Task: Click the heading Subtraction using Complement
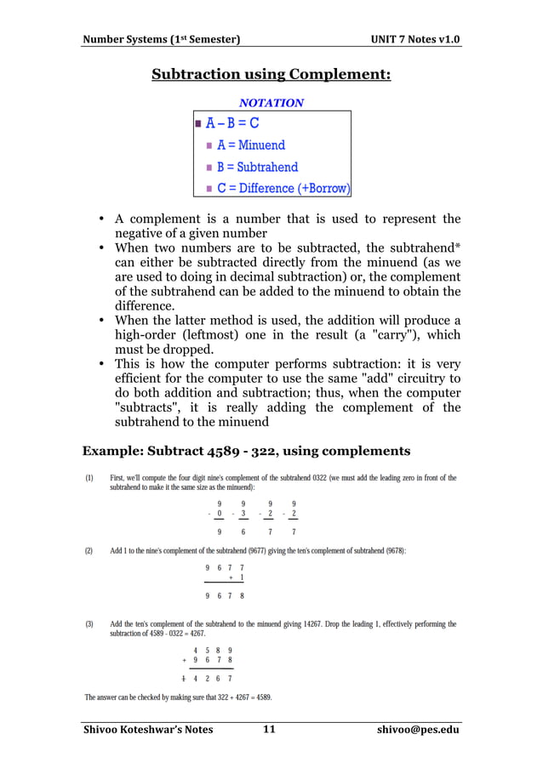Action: [271, 75]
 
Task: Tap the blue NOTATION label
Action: [271, 103]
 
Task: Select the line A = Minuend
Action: [250, 145]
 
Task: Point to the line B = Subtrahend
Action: [257, 168]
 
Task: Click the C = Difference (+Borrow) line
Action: [283, 188]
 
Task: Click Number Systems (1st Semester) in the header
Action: [160, 40]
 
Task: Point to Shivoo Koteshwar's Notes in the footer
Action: [147, 729]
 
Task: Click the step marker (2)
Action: [89, 551]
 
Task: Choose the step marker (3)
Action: [89, 624]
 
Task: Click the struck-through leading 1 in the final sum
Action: [184, 679]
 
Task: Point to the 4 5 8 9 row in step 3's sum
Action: [213, 649]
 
